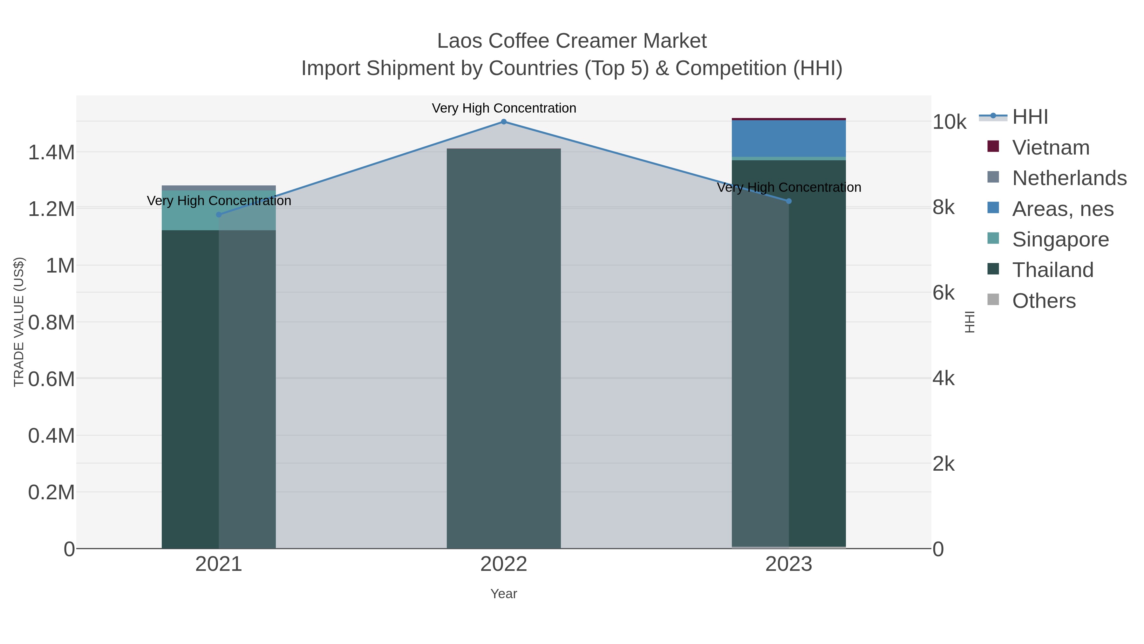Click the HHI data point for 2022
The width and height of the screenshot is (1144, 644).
(x=504, y=122)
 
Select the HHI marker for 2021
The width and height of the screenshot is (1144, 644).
(x=219, y=215)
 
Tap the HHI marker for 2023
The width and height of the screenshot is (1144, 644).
(x=789, y=201)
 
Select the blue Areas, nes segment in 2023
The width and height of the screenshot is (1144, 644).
(x=789, y=139)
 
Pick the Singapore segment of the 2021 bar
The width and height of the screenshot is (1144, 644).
(x=219, y=210)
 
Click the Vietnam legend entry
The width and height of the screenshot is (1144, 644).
(x=1051, y=148)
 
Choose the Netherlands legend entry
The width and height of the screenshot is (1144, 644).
(x=1069, y=178)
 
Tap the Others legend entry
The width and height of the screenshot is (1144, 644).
(x=1044, y=301)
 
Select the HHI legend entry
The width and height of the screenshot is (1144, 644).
(x=1030, y=117)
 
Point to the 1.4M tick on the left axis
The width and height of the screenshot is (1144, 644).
(x=51, y=152)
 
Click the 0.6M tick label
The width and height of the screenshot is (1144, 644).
(x=51, y=379)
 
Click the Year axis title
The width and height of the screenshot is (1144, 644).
(x=504, y=594)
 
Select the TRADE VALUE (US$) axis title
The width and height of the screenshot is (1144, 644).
(x=19, y=322)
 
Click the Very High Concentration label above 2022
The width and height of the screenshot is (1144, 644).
(x=504, y=108)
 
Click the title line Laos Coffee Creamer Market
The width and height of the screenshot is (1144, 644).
(x=572, y=41)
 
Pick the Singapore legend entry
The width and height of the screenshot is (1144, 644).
(x=1060, y=239)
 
